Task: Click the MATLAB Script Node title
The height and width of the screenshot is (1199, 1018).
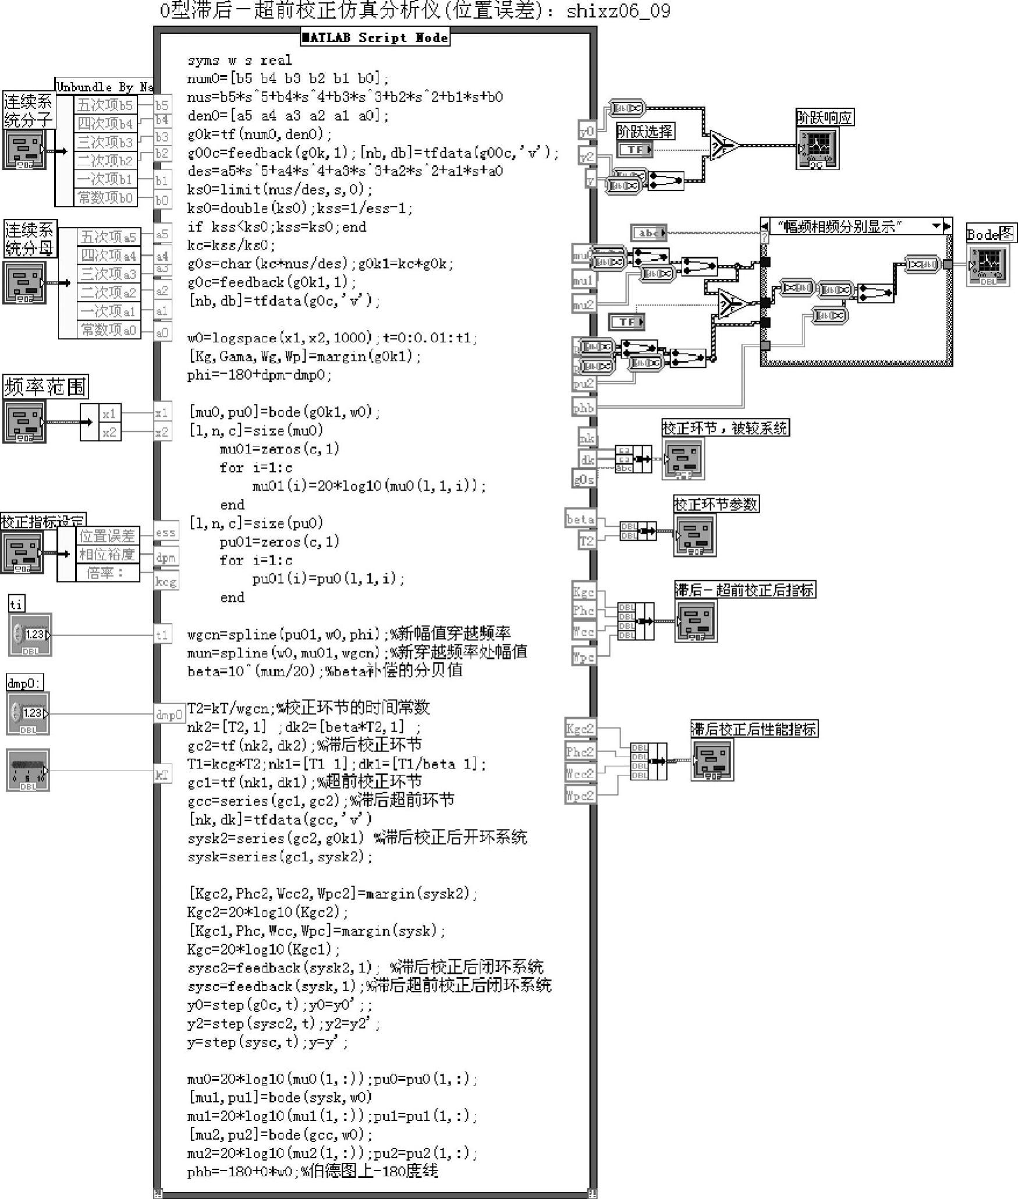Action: click(375, 38)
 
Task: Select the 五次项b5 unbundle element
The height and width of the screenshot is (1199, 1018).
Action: click(105, 105)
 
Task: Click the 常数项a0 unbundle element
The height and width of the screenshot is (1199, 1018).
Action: click(108, 330)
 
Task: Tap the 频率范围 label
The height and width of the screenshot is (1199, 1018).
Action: click(45, 386)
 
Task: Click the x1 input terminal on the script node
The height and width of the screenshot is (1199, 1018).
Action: click(161, 413)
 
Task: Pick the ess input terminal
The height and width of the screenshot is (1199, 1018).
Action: click(165, 532)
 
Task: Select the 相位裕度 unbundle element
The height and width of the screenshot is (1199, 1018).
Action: click(107, 554)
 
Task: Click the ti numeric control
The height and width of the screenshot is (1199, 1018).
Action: click(31, 634)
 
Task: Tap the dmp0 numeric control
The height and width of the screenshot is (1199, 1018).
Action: click(28, 713)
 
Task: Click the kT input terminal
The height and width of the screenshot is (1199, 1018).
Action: click(162, 774)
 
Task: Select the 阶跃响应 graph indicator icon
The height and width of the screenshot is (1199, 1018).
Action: click(817, 148)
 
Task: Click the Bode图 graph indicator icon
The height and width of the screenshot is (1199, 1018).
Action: click(988, 265)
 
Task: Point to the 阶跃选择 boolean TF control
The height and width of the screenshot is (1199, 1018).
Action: click(634, 150)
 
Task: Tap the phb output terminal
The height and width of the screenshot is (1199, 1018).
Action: click(583, 408)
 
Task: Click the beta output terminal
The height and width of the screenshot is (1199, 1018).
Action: click(580, 519)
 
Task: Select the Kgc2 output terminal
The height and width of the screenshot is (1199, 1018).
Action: click(580, 728)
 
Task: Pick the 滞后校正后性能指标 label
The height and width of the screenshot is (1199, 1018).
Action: click(754, 729)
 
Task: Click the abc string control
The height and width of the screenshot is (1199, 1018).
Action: click(648, 233)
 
